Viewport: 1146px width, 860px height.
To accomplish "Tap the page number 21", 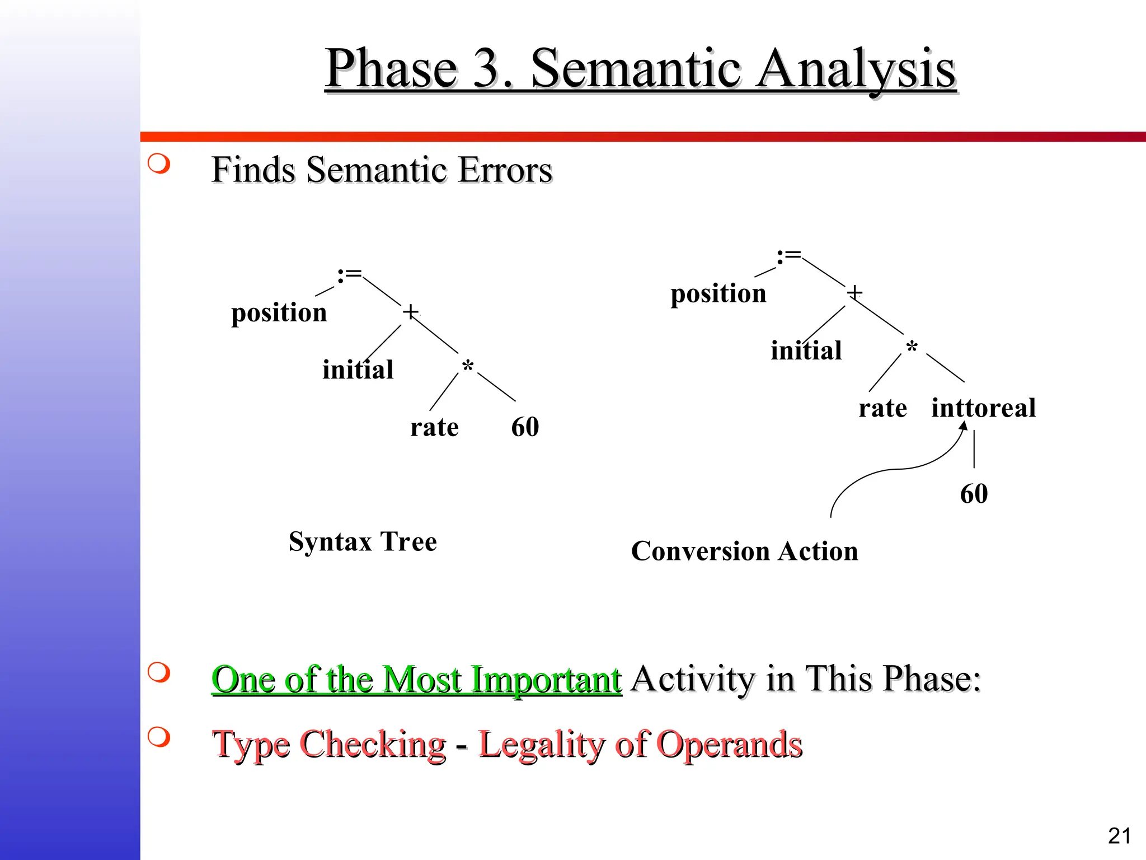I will [1119, 836].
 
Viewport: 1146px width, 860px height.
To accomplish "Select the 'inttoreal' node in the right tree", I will [983, 408].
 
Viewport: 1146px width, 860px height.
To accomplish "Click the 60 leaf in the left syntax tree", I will [525, 427].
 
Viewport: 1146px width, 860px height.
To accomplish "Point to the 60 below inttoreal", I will [974, 494].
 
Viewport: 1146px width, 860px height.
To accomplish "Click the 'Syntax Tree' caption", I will [363, 542].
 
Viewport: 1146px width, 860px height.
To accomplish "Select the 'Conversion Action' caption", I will [744, 551].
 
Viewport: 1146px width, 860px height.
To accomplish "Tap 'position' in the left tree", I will [279, 313].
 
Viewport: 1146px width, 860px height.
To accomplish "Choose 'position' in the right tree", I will [718, 294].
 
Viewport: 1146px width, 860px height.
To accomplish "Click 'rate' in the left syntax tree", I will [434, 428].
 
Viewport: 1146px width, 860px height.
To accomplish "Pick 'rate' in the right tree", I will [882, 408].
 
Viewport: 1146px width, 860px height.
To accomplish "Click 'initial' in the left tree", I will [358, 370].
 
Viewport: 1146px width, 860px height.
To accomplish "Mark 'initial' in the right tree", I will [806, 351].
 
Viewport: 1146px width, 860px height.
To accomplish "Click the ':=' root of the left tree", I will [350, 275].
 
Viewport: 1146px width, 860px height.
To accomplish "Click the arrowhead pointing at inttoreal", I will [963, 426].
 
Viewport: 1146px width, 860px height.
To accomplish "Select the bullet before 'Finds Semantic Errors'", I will [159, 163].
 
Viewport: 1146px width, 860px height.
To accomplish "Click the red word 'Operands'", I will [729, 745].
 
